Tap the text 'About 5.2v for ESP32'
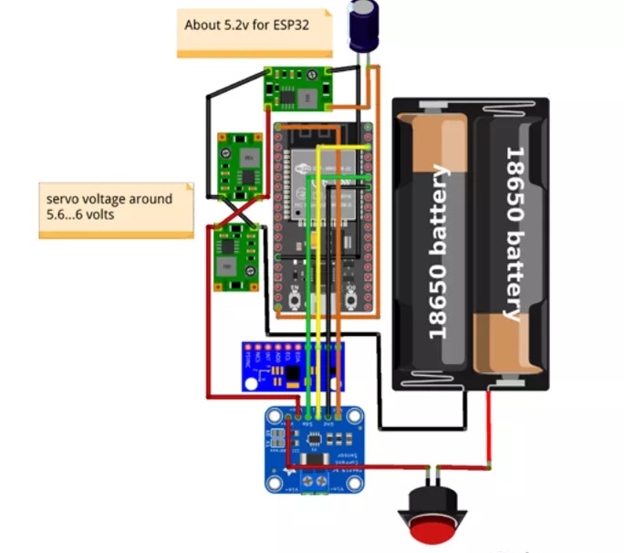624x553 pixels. click(246, 26)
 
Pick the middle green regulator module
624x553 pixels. click(240, 165)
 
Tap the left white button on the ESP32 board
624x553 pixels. click(296, 296)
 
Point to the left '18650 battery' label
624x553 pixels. click(439, 251)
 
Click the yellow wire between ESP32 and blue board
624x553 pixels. click(316, 274)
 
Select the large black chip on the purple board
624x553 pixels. click(292, 372)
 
